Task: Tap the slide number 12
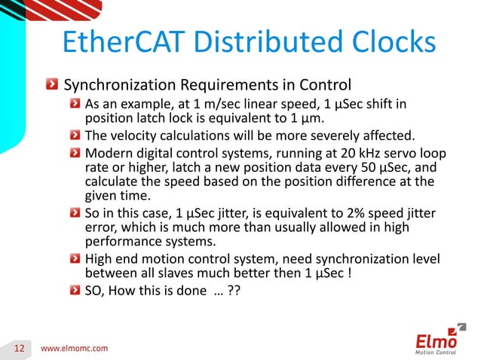point(20,347)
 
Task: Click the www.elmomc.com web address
point(74,347)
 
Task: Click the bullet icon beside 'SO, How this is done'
point(72,291)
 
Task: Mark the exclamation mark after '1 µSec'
point(349,275)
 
